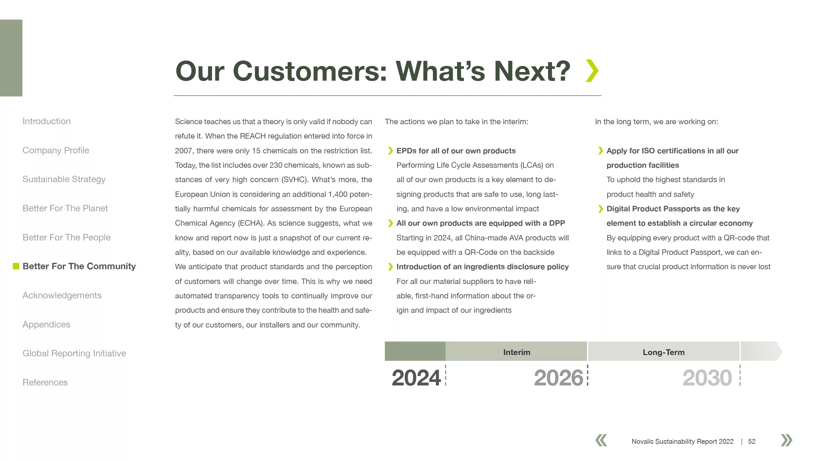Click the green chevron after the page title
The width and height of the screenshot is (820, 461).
pos(592,71)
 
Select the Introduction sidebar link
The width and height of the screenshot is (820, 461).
pos(46,121)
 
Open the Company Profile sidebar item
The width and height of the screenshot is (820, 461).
pos(56,150)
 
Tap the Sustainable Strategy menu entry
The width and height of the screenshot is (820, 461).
pos(64,179)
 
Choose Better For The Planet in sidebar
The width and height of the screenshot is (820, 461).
pos(65,208)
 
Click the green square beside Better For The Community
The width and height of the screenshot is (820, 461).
pos(16,266)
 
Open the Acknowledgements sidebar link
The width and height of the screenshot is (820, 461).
pos(62,295)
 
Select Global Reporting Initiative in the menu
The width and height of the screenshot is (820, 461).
pos(74,353)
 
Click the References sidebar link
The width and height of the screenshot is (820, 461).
pos(45,383)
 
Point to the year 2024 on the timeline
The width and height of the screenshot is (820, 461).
pos(416,378)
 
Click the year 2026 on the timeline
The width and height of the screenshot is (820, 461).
pos(559,378)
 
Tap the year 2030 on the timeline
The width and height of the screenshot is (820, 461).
pos(707,378)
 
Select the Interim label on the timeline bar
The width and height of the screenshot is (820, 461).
pos(517,352)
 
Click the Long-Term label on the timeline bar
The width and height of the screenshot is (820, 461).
pos(664,352)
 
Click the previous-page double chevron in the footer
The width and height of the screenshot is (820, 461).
pos(601,440)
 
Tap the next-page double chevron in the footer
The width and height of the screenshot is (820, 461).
pos(787,440)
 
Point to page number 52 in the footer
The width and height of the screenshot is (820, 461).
pos(752,441)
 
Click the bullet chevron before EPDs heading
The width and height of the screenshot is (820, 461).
pos(390,151)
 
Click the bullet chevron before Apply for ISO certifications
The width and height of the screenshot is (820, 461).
pos(600,151)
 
